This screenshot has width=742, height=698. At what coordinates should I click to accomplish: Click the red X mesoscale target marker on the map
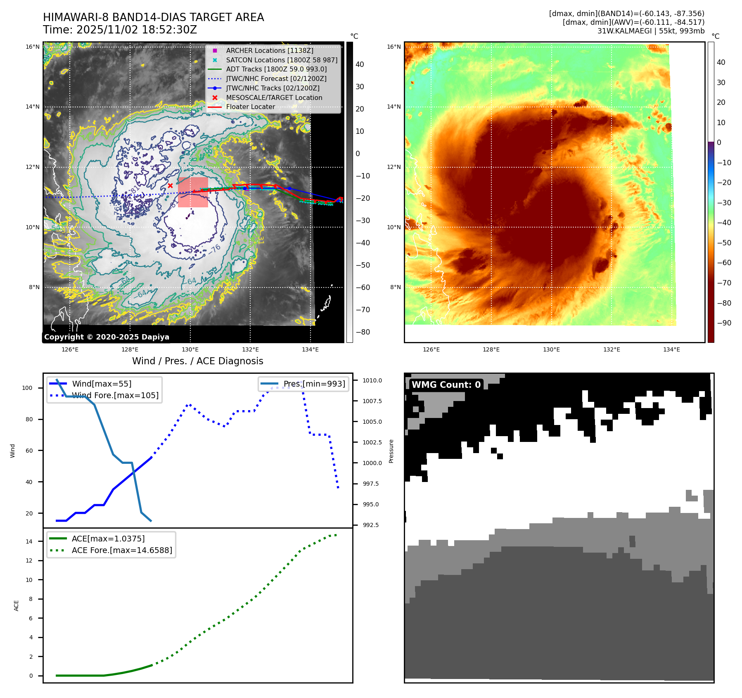[170, 186]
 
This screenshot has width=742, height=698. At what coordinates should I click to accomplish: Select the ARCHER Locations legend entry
[269, 50]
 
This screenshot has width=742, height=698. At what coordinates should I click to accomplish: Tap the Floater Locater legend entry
[250, 107]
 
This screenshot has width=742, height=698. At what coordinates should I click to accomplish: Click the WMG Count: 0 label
[446, 385]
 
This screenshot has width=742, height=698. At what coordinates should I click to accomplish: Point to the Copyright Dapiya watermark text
[107, 337]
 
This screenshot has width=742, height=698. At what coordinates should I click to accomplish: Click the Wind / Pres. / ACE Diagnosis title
[197, 361]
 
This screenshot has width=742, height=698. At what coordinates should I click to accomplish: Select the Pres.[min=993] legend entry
[314, 384]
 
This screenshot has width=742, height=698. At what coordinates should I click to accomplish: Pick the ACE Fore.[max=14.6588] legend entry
[122, 550]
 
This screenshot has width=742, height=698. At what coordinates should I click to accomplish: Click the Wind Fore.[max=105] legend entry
[115, 395]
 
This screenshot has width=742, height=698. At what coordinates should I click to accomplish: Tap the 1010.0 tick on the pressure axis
[372, 380]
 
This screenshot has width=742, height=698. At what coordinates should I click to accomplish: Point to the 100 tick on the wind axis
[27, 388]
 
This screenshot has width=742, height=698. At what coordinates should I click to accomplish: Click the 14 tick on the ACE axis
[29, 541]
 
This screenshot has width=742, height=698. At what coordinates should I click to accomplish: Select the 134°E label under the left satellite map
[310, 349]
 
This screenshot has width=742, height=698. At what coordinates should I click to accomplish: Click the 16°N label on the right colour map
[394, 47]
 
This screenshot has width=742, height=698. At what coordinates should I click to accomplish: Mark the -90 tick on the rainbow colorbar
[724, 323]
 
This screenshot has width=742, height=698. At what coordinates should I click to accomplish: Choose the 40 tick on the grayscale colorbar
[360, 64]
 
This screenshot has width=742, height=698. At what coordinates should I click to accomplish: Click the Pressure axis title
[391, 451]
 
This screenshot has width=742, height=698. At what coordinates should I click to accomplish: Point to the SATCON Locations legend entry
[282, 60]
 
